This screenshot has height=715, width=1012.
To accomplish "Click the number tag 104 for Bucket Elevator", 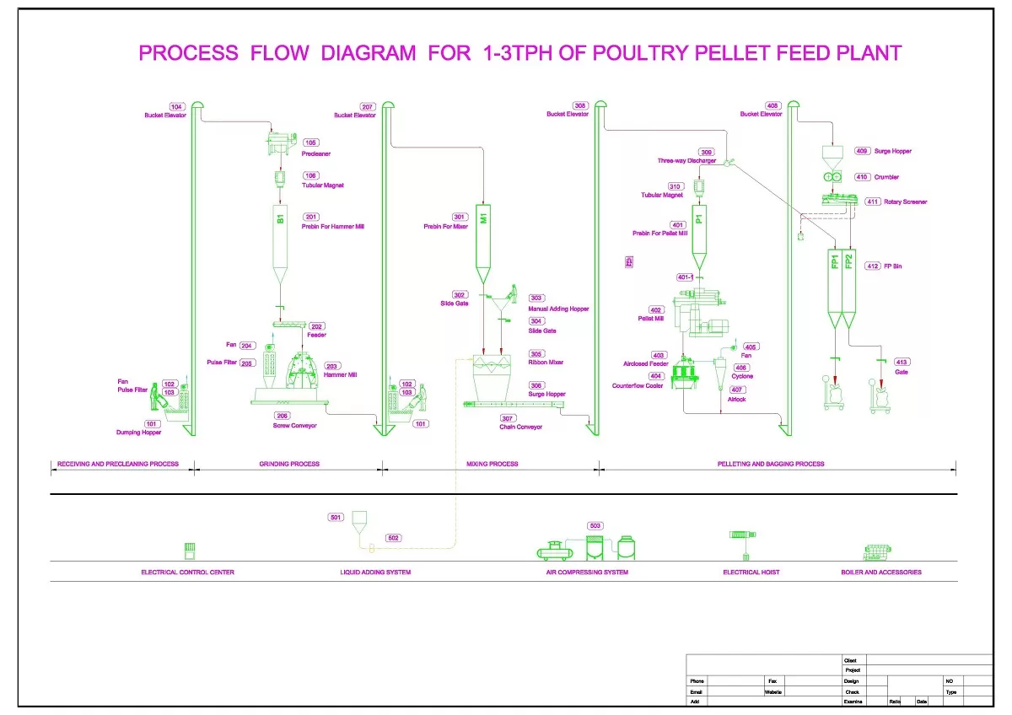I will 176,107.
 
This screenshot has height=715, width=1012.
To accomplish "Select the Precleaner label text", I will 315,154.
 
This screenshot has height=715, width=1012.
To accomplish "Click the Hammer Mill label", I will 341,375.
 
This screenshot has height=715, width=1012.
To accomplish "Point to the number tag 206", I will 283,416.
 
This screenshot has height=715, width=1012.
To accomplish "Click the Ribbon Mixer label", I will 546,363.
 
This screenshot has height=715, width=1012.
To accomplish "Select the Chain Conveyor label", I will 520,427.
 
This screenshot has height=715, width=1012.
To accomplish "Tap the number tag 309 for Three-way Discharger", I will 707,153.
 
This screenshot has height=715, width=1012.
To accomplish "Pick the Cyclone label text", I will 742,377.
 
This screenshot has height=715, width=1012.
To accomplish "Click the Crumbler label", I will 886,177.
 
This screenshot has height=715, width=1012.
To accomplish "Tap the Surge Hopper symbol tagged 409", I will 832,154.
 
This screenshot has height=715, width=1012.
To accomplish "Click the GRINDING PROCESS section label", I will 289,464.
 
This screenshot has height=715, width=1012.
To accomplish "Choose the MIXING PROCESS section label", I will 492,464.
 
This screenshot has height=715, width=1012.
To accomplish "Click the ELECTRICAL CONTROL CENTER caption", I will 187,573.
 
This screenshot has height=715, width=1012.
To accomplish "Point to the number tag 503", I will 595,526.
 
